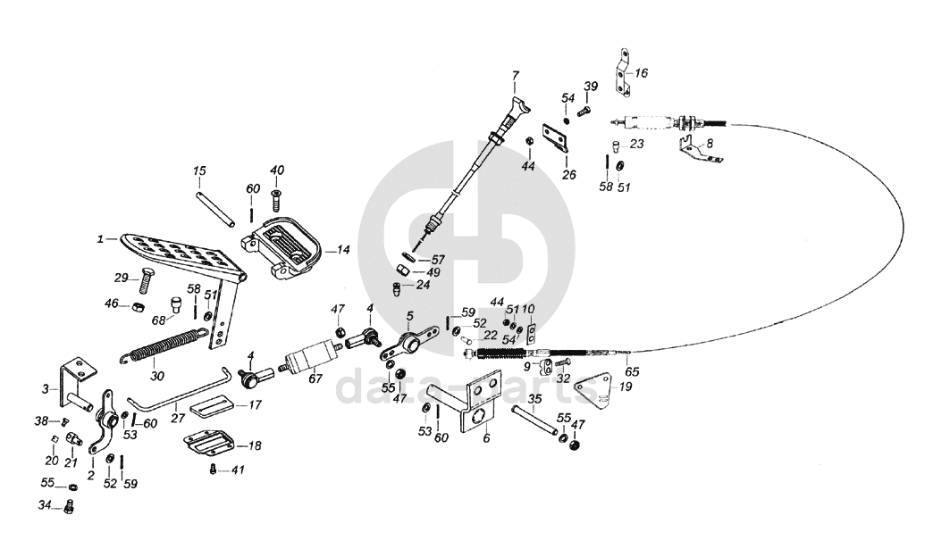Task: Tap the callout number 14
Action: (344, 251)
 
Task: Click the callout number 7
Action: (515, 74)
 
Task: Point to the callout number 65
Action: (631, 372)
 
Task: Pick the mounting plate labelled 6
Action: (474, 406)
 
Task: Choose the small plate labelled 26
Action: (556, 138)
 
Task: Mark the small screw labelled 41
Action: (212, 468)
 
